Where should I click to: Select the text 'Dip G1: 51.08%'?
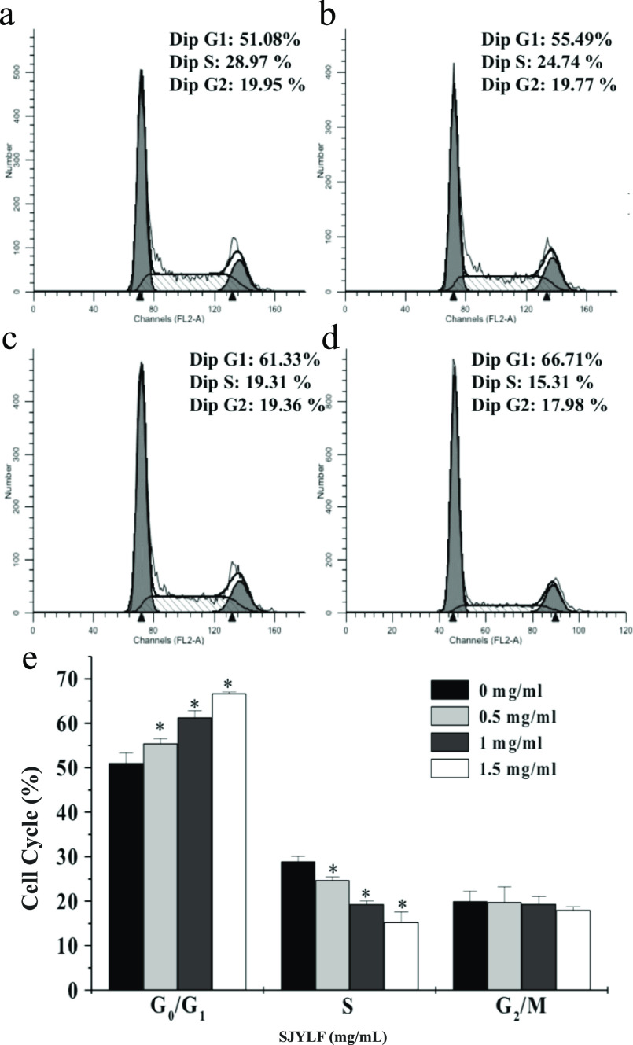pos(236,39)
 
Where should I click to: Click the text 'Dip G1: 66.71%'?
pos(537,360)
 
